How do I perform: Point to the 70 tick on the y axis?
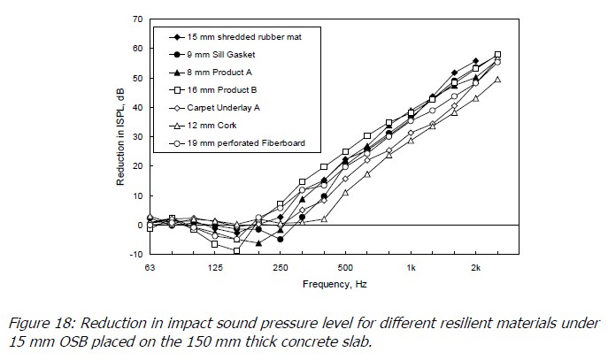click(x=136, y=19)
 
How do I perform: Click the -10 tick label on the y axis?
click(x=135, y=255)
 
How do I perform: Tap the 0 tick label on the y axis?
click(x=139, y=226)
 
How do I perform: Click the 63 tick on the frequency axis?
click(x=150, y=266)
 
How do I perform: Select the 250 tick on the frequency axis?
click(x=280, y=266)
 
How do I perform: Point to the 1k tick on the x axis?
click(x=411, y=266)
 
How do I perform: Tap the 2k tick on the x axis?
click(x=475, y=266)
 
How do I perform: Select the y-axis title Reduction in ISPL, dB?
click(x=120, y=137)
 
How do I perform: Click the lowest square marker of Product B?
click(x=237, y=250)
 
